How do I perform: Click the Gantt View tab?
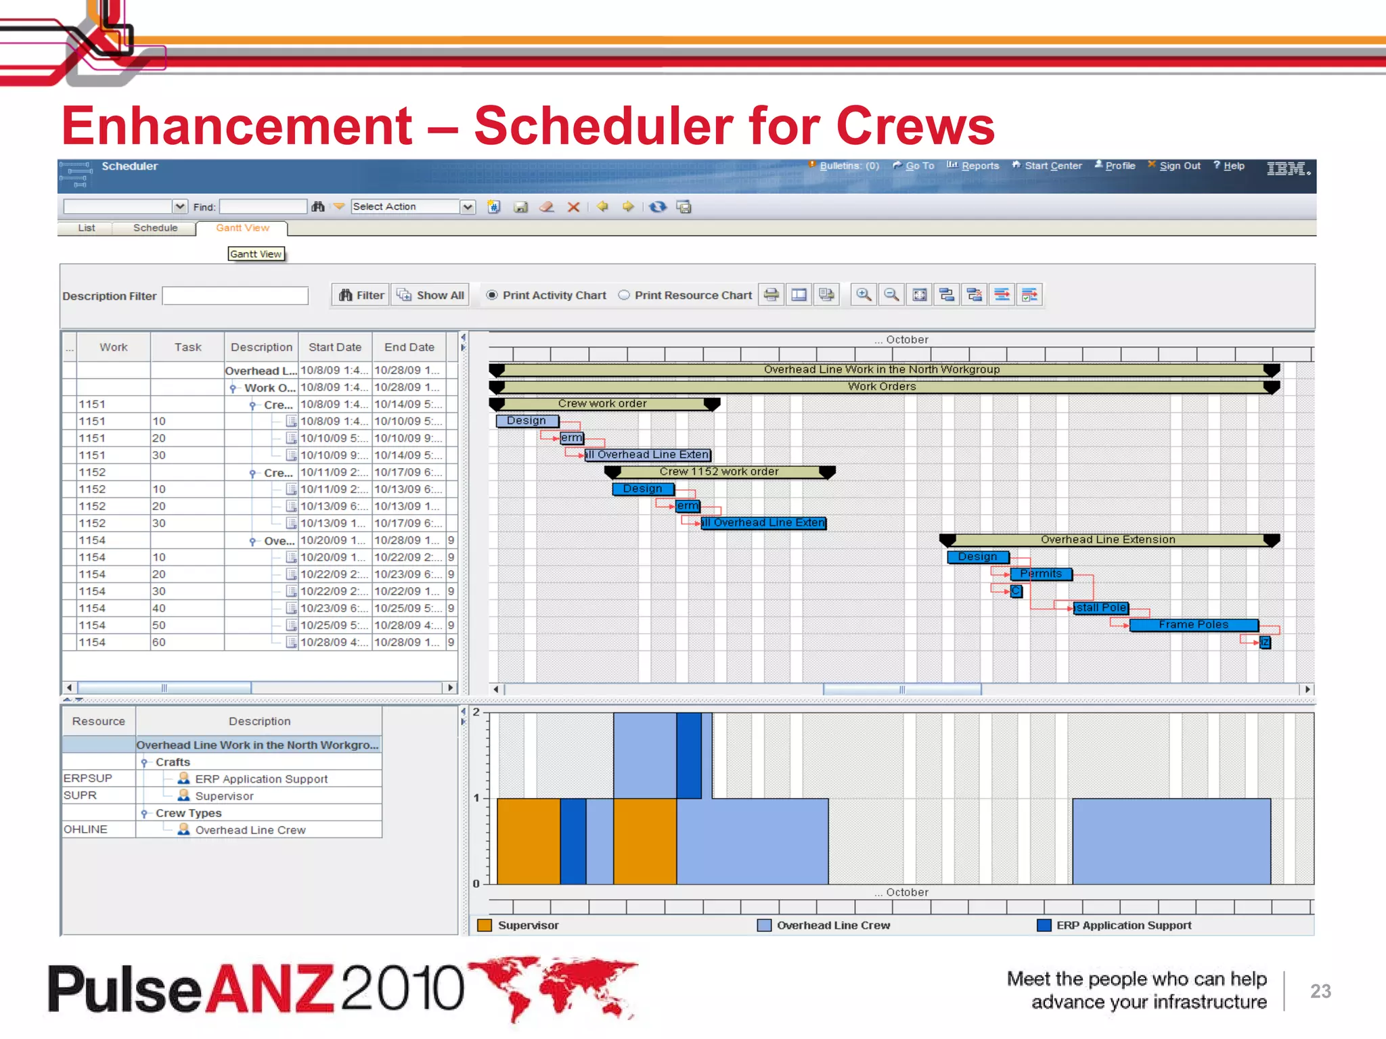242,228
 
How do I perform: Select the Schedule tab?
155,228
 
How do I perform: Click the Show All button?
431,295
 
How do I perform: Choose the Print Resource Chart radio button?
624,295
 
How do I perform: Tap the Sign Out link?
1179,166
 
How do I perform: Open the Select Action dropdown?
468,207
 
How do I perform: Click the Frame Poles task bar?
1193,624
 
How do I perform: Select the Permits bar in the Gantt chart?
1041,574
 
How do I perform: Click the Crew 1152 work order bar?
719,471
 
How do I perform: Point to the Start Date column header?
335,347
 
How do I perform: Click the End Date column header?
409,347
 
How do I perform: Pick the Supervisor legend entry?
528,925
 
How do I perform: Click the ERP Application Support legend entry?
1123,925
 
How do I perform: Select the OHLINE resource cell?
86,829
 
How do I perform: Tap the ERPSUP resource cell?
88,779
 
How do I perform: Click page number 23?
1320,991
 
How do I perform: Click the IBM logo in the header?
1288,169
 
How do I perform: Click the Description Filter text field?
235,296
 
